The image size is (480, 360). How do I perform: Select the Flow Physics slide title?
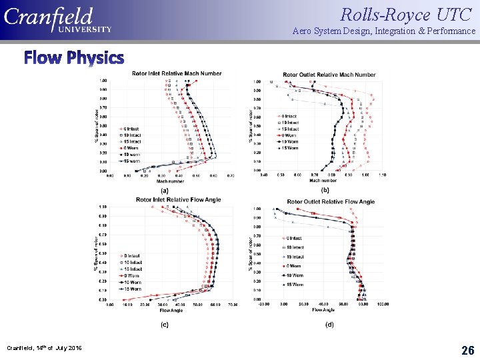tap(74, 58)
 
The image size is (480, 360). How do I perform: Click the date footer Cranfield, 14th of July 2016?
tap(44, 348)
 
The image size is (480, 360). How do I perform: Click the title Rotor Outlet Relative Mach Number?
tap(320, 75)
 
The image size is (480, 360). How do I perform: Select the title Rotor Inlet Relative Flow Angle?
tap(171, 199)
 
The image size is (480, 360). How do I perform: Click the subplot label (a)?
tap(164, 190)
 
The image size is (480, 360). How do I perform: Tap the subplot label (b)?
tap(325, 190)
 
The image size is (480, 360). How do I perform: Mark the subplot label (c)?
tap(164, 325)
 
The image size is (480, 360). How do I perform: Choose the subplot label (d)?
tap(329, 325)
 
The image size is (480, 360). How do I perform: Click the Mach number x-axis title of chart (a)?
tap(170, 181)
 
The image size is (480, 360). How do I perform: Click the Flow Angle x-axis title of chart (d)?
tap(323, 309)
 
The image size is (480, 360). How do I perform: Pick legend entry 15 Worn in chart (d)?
tap(293, 284)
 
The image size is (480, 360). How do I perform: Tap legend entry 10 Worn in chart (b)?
tap(289, 141)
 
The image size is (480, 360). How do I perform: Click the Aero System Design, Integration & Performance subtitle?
tap(384, 31)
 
